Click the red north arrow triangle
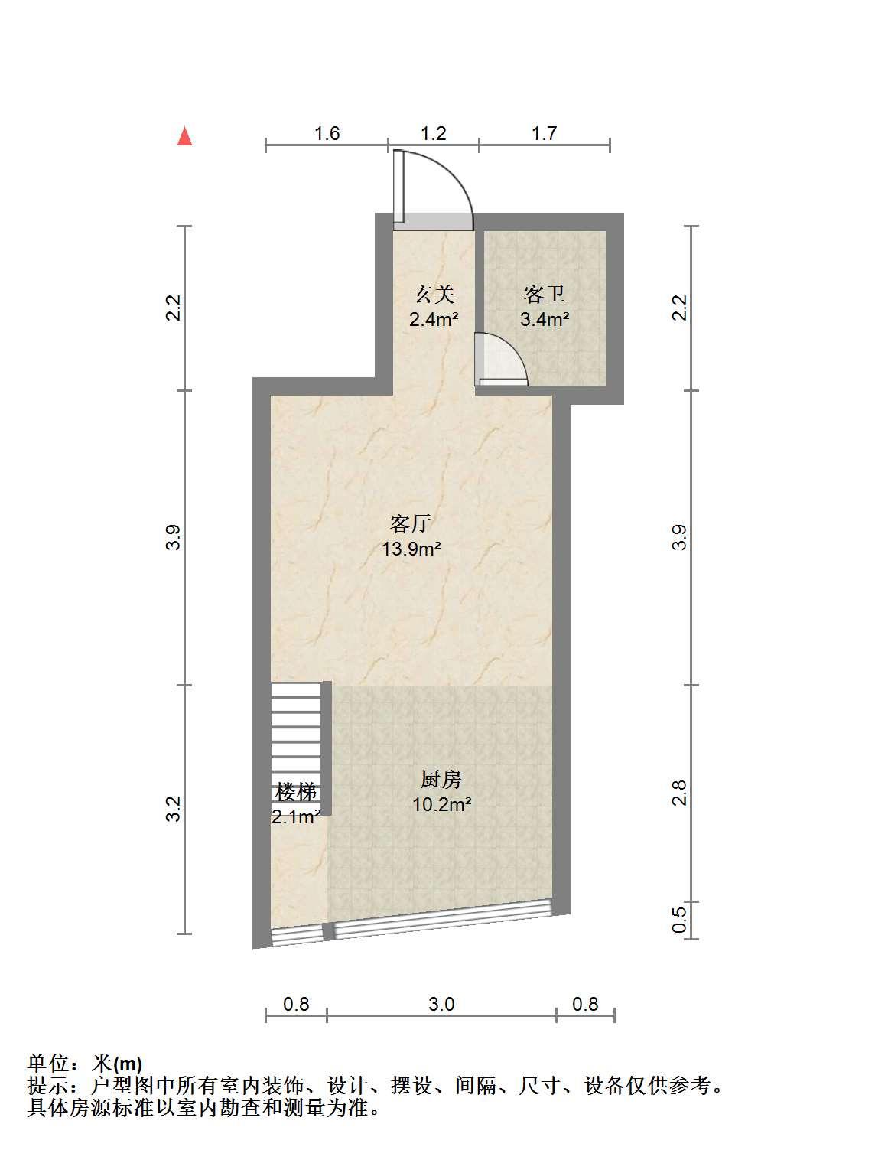pos(184,135)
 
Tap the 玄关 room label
pos(434,294)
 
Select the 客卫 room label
pos(544,294)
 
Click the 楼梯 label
pos(296,792)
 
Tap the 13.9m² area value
pos(411,549)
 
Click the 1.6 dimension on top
pos(327,133)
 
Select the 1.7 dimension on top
pos(544,133)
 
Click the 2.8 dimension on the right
pos(678,793)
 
